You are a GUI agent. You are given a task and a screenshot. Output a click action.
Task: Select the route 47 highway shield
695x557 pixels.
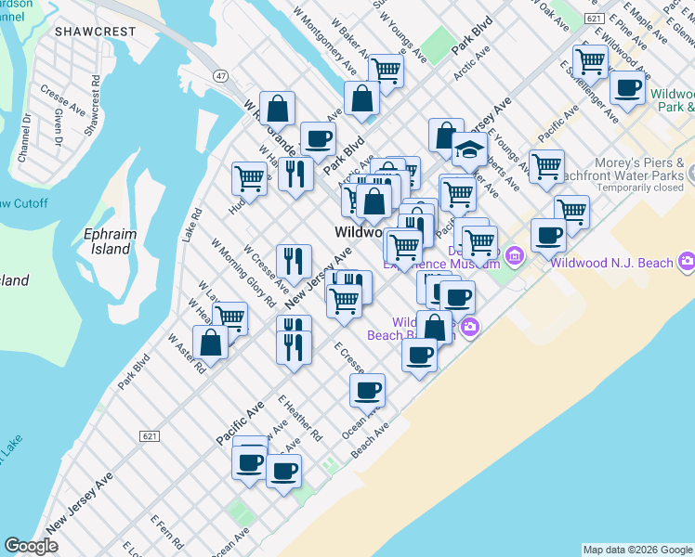coord(220,75)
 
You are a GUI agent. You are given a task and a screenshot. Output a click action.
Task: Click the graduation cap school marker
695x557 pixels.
coord(469,149)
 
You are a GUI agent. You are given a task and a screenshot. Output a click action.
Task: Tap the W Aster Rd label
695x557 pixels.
coord(186,356)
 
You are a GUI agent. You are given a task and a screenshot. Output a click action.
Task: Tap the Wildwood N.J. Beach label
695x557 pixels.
coord(610,263)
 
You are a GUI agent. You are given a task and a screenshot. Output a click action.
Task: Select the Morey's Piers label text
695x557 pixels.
coord(641,162)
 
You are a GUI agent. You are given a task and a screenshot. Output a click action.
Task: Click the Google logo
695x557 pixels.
coord(31,546)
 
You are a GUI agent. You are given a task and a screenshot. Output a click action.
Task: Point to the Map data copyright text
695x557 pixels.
coord(636,550)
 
